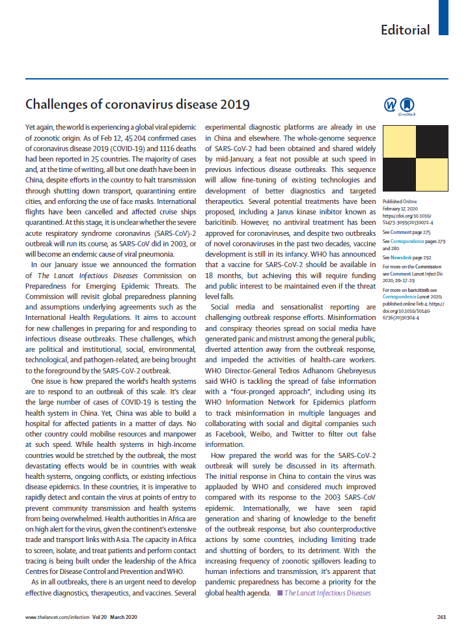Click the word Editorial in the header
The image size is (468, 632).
coord(405,30)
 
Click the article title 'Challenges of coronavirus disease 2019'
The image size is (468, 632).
coord(137,104)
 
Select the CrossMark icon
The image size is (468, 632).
coord(407,106)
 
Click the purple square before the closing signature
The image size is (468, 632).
coord(279,593)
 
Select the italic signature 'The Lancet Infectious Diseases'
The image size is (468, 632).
coord(327,593)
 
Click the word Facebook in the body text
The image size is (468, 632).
coord(231,433)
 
